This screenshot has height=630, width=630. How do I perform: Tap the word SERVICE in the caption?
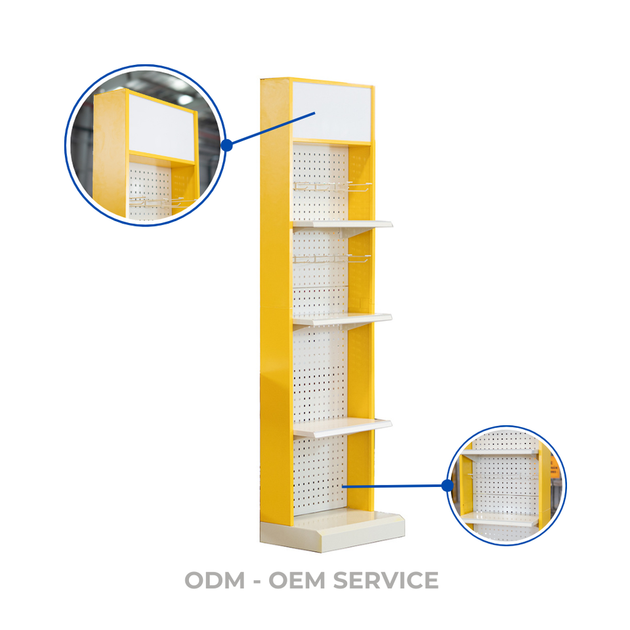(x=386, y=580)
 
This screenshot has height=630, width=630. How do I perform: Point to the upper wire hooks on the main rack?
(x=331, y=187)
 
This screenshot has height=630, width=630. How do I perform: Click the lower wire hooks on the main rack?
(x=331, y=259)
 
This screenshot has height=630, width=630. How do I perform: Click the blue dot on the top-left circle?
(x=227, y=145)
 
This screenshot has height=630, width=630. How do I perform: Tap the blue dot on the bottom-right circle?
(x=448, y=486)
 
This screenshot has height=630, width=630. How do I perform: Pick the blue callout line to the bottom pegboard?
(x=394, y=486)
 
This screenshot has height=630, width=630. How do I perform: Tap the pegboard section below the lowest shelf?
(x=320, y=472)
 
